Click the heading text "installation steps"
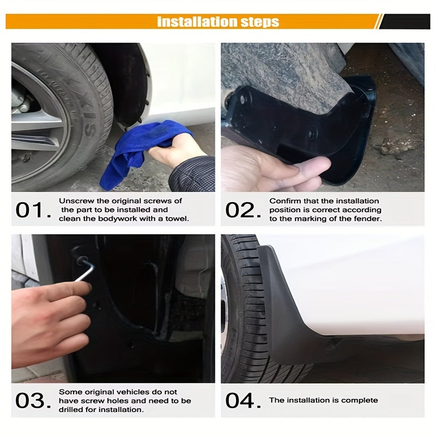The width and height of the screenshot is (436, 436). click(218, 22)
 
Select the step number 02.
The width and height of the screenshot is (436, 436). click(240, 210)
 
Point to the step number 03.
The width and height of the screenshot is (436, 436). click(30, 401)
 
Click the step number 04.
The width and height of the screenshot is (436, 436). click(240, 401)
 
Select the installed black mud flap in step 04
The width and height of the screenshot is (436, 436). click(289, 311)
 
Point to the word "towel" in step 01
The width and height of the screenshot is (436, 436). click(177, 219)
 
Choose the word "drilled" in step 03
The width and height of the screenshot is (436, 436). click(71, 409)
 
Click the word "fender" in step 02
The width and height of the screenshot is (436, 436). click(370, 219)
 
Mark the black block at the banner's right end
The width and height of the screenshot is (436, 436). click(403, 22)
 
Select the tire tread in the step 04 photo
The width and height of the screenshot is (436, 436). click(245, 327)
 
